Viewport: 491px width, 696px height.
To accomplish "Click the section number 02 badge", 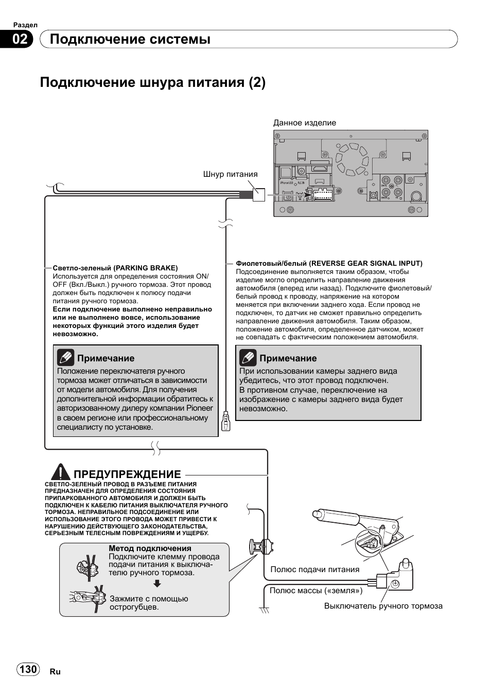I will (x=19, y=39).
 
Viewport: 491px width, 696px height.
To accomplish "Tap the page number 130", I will (x=28, y=669).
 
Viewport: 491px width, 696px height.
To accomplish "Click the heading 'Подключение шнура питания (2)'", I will (x=152, y=82).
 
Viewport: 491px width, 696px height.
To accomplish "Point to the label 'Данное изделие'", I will (x=304, y=123).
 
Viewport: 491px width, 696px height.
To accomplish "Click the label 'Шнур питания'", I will (x=230, y=174).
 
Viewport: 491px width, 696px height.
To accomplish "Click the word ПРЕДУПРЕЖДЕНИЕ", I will (x=127, y=474).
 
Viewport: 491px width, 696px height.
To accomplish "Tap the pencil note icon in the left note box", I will (x=66, y=357).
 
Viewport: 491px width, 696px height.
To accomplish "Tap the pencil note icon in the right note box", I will (x=248, y=357).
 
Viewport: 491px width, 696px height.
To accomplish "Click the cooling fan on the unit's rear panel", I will (x=352, y=155).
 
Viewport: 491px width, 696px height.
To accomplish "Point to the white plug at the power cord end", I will (x=259, y=194).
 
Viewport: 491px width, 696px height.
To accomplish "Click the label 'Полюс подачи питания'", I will (x=314, y=569).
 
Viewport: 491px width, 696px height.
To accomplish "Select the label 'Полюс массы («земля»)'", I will (x=316, y=591).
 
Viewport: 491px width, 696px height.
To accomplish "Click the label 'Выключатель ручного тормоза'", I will (x=383, y=606).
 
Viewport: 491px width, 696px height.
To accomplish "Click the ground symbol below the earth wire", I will (x=265, y=610).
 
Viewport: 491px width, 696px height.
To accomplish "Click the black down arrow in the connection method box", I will (x=157, y=583).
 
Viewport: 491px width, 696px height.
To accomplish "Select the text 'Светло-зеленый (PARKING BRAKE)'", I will (x=115, y=268).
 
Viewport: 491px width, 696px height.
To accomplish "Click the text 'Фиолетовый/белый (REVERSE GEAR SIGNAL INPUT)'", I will (x=329, y=263).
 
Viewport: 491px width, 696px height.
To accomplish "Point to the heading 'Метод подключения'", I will (x=150, y=548).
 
